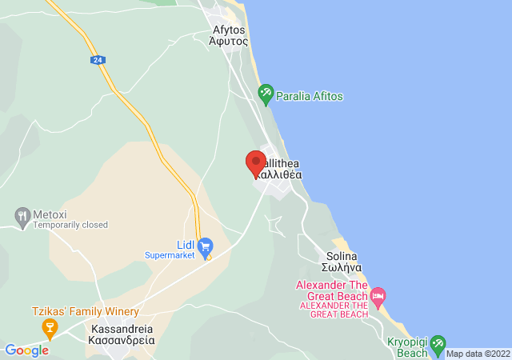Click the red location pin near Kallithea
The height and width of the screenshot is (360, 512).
pyautogui.click(x=255, y=163)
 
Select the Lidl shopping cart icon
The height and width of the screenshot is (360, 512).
pyautogui.click(x=205, y=245)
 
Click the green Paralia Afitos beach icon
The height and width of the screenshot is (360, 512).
pyautogui.click(x=266, y=96)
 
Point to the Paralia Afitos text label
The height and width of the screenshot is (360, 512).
pyautogui.click(x=310, y=96)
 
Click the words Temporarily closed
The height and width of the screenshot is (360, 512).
pyautogui.click(x=70, y=226)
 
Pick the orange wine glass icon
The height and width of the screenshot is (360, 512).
pyautogui.click(x=50, y=327)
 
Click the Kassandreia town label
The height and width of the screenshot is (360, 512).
pyautogui.click(x=122, y=328)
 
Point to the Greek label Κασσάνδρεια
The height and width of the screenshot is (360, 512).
pyautogui.click(x=122, y=340)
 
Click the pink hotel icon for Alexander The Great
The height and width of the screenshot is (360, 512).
pyautogui.click(x=378, y=296)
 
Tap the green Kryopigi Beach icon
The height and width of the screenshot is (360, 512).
pyautogui.click(x=437, y=346)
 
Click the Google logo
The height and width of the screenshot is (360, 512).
pyautogui.click(x=26, y=350)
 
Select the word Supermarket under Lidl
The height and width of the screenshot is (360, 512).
pyautogui.click(x=170, y=256)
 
